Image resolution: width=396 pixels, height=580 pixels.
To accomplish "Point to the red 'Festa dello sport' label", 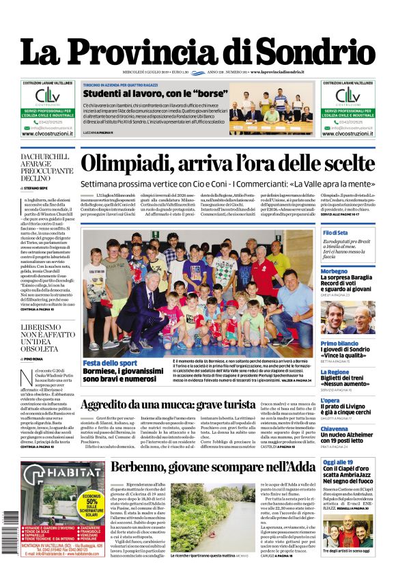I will (109, 363).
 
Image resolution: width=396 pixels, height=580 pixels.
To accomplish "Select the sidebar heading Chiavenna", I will (339, 429).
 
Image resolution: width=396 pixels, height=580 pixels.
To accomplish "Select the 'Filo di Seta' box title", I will (335, 234).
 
